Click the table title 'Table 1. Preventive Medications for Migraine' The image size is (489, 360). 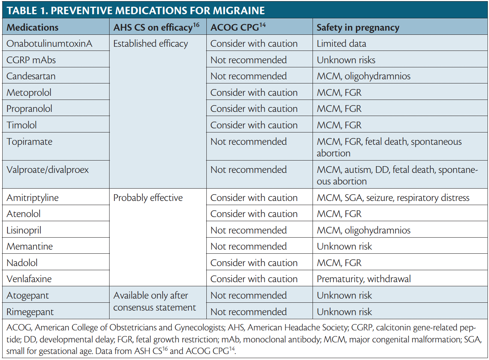coord(136,10)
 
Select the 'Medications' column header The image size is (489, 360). coord(33,27)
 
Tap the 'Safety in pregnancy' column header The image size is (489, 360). coord(358,27)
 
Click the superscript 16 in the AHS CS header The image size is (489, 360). coord(196,25)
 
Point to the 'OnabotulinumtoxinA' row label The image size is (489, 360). coord(49,43)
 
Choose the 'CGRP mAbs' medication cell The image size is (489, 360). coord(31,60)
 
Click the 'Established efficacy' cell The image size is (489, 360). coord(151,43)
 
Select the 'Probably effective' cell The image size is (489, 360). coord(148,198)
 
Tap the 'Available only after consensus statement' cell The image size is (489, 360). coord(154,301)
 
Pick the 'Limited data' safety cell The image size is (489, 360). coord(341,43)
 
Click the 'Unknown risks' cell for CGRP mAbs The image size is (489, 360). coord(346,60)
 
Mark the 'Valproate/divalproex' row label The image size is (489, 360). coord(48,170)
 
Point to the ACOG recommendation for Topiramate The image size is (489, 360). coord(249,141)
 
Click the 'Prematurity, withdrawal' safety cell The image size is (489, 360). coord(363,279)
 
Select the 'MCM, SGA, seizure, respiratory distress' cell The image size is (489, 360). coord(393,198)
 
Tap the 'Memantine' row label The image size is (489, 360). coord(30,246)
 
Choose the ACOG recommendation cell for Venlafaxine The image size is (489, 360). coord(254,279)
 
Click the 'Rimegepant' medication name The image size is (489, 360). coord(30,312)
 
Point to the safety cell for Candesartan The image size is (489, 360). coord(363,76)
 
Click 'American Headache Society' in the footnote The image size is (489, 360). coord(297,327)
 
